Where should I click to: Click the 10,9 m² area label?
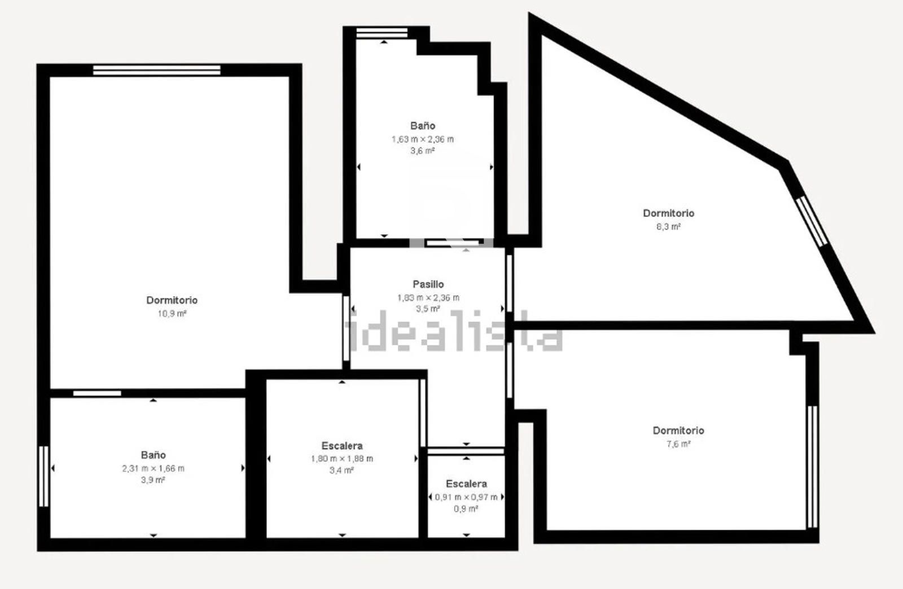point(172,314)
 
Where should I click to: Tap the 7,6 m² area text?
point(678,444)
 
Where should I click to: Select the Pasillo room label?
point(428,284)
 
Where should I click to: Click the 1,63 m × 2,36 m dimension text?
point(423,139)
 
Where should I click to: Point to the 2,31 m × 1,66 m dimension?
point(153,468)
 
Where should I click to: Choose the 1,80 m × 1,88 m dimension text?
point(342,459)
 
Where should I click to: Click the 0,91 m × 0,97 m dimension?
point(466,497)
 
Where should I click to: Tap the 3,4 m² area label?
point(342,470)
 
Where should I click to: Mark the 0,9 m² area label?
point(466,509)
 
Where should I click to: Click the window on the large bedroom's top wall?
point(157,70)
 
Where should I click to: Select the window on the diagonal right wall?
point(812,221)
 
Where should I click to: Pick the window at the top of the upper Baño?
point(382,33)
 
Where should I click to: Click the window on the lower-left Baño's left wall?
point(43,476)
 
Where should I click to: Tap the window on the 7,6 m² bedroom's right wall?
point(812,467)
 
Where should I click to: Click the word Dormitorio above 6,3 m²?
point(668,213)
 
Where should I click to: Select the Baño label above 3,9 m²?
point(153,455)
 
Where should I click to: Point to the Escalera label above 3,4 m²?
point(342,446)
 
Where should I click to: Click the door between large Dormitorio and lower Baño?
point(97,393)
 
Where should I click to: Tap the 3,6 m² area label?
point(423,151)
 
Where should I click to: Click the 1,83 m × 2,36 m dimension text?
point(428,298)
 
